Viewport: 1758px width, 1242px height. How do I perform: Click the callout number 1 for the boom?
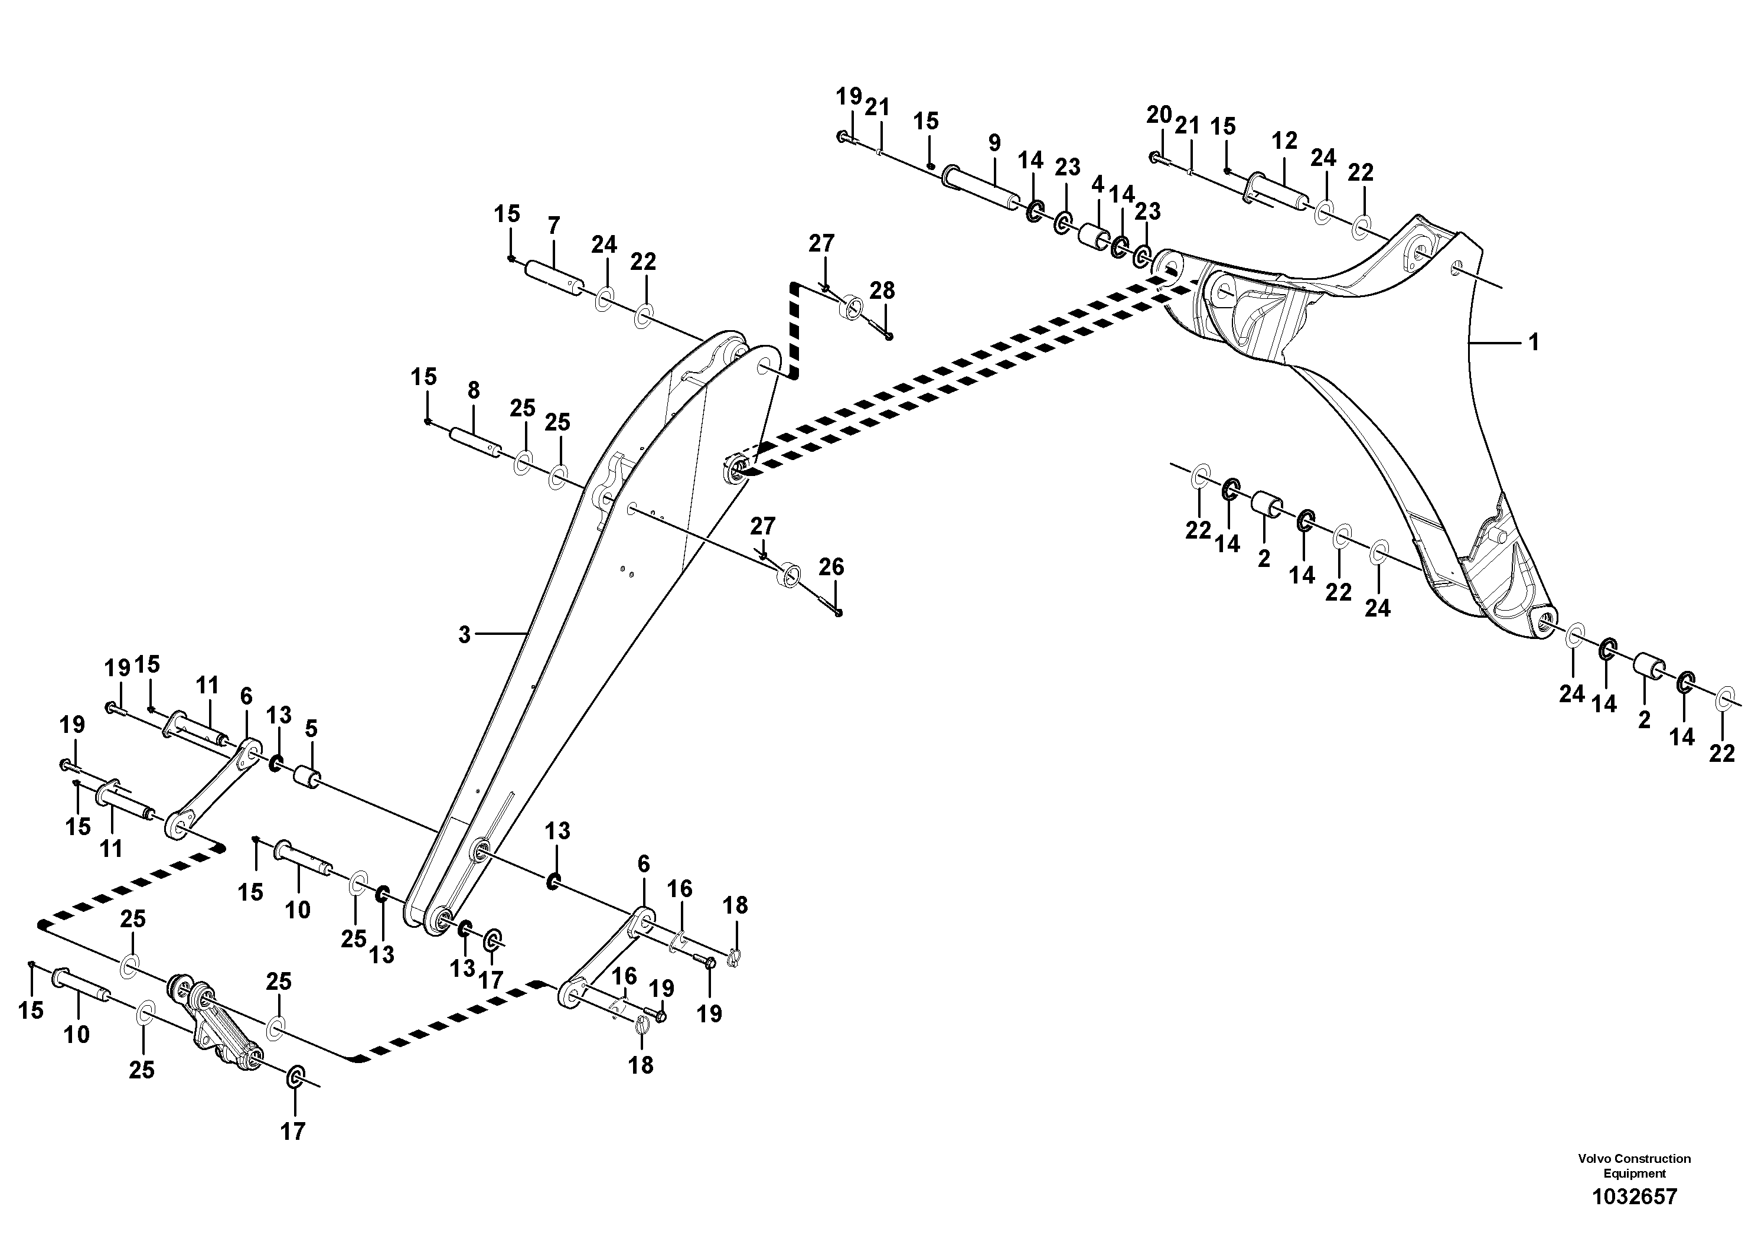1534,343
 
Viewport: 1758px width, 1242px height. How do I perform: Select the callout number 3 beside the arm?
464,635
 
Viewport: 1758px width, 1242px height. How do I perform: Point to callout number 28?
882,291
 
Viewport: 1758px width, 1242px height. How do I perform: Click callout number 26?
831,568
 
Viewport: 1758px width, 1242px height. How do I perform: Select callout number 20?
1159,116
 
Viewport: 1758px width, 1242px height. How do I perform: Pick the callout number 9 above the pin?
994,142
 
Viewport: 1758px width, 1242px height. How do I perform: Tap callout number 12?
1284,141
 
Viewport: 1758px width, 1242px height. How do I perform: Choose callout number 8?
473,390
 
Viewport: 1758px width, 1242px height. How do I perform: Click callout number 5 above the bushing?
311,728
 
